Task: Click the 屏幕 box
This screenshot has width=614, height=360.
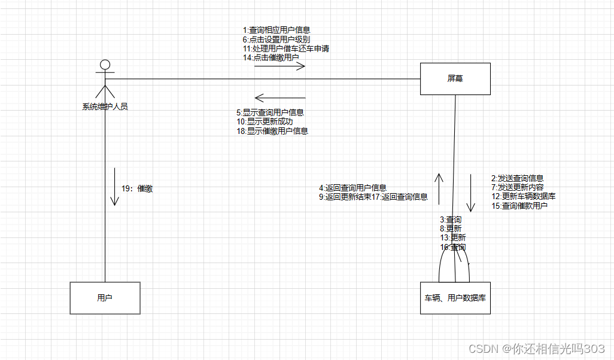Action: point(455,78)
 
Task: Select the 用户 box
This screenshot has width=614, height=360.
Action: point(105,298)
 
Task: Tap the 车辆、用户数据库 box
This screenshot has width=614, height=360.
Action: point(455,298)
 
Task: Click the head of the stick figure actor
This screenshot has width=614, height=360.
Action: point(105,65)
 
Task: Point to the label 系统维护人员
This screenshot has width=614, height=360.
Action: point(105,107)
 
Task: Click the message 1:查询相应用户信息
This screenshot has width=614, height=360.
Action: point(276,30)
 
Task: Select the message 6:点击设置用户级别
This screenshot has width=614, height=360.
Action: point(276,39)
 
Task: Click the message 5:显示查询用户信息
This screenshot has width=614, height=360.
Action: point(270,112)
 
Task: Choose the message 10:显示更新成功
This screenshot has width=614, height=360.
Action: point(265,121)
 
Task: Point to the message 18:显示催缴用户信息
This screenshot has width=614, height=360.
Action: point(272,130)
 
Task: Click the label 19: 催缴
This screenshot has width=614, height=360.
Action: point(137,188)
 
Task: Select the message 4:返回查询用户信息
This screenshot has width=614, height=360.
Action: point(352,188)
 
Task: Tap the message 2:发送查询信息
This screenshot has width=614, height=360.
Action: point(518,178)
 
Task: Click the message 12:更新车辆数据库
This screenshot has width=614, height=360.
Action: point(524,196)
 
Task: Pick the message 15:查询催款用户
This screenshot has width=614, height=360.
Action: point(519,206)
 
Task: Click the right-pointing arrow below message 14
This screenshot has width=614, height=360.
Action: point(279,66)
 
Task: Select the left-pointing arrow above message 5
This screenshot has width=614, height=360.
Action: point(279,97)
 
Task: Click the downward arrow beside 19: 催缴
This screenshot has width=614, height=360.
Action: point(114,187)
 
